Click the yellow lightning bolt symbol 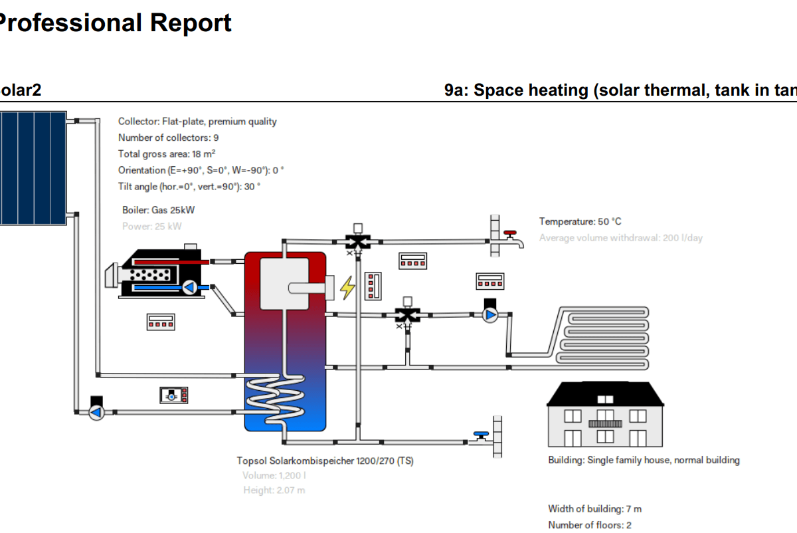(347, 288)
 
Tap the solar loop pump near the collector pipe (97, 412)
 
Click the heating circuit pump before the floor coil (490, 315)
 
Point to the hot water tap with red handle (512, 238)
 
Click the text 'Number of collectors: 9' (169, 138)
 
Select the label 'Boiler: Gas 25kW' (158, 210)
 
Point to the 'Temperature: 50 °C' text (580, 221)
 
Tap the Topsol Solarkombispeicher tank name (325, 461)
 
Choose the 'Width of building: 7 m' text (594, 509)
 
